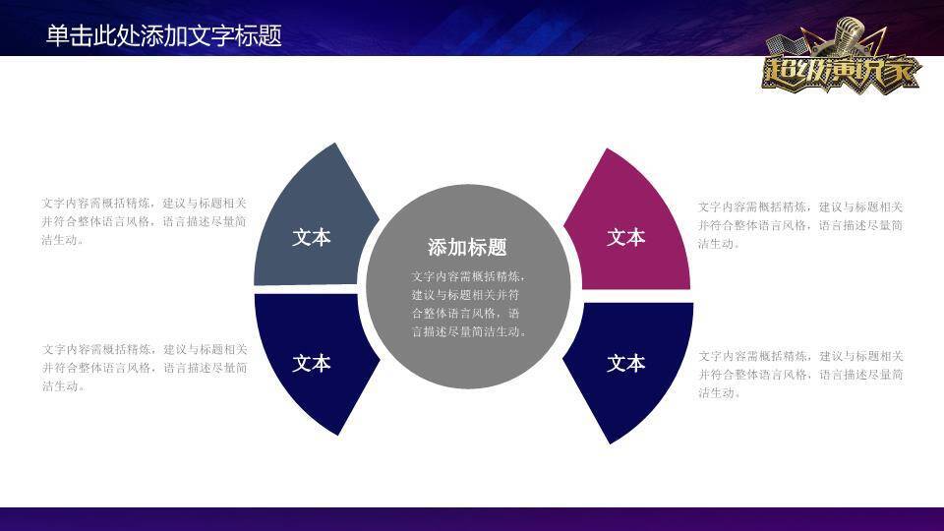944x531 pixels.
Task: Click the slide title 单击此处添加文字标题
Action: [x=163, y=35]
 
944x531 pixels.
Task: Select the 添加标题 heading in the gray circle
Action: [x=467, y=248]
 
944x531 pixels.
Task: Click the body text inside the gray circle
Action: [x=468, y=304]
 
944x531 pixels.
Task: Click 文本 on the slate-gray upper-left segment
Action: [x=312, y=238]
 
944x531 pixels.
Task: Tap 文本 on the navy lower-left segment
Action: [x=312, y=364]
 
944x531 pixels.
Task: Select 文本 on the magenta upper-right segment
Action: [x=625, y=238]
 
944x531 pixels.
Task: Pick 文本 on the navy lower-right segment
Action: [x=625, y=364]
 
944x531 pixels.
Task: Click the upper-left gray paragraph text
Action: [x=145, y=221]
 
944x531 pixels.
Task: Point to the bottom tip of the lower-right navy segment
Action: [x=611, y=442]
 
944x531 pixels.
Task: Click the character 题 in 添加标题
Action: [x=497, y=248]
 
